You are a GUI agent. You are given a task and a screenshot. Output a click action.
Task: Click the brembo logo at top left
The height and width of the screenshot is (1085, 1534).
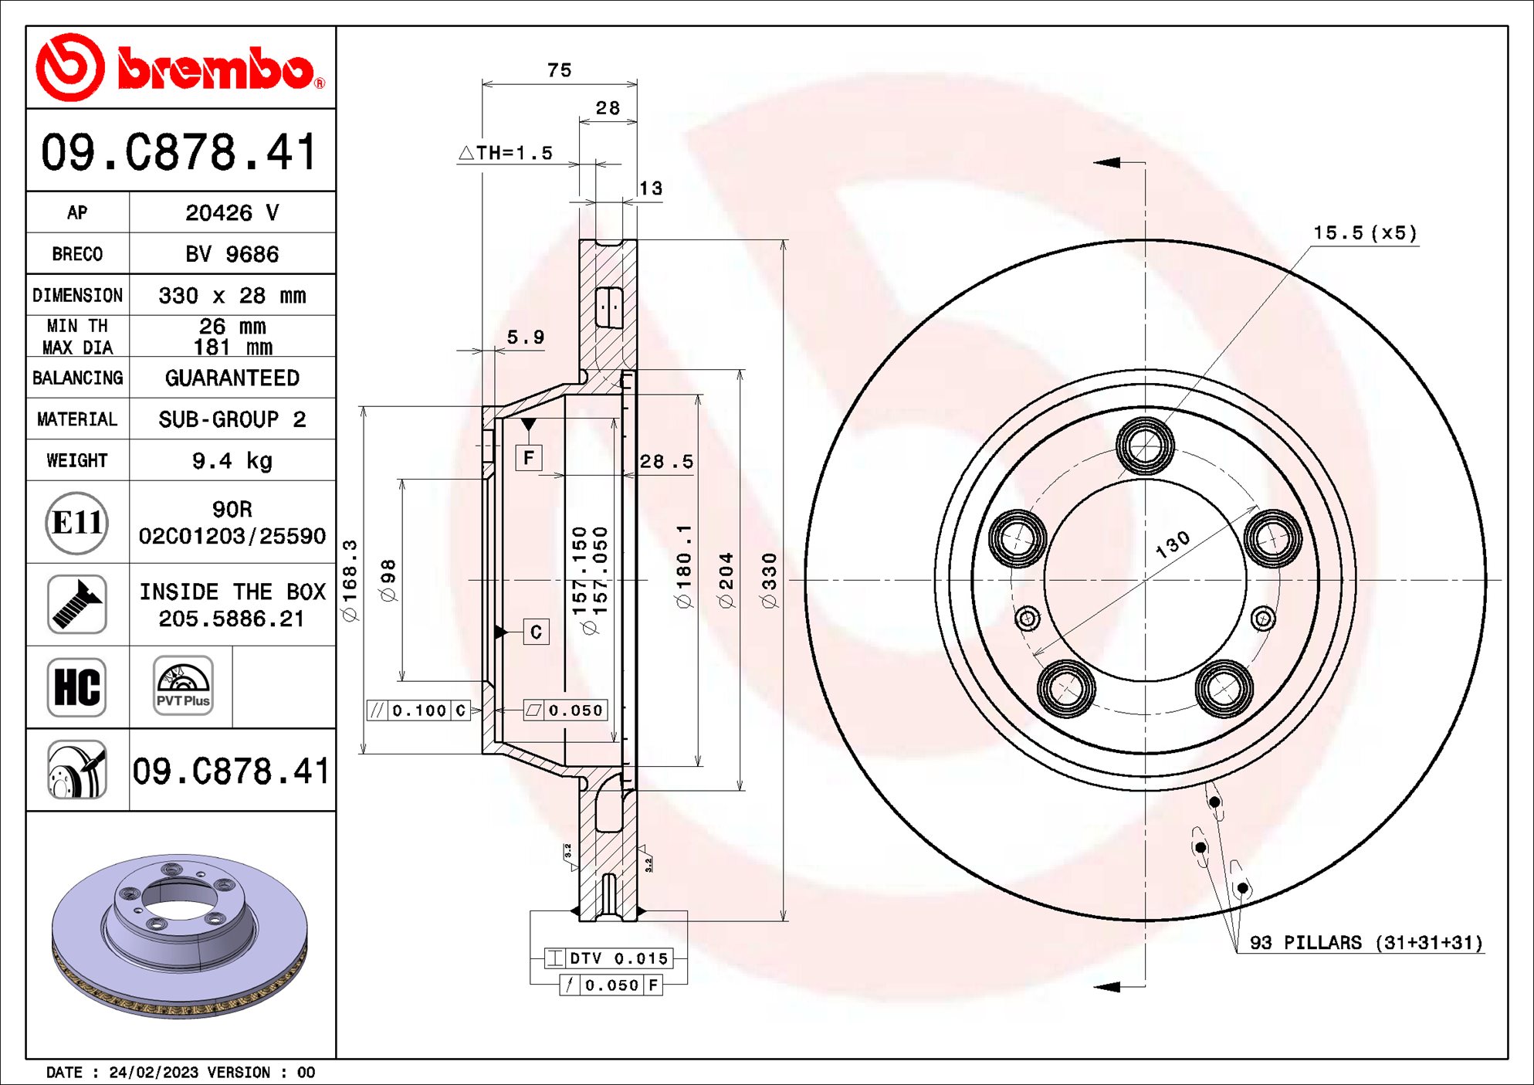[181, 68]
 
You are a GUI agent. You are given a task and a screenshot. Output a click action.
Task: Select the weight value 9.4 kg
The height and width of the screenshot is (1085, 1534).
[232, 461]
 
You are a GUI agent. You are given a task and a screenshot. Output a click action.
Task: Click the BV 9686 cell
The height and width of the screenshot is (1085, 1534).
[232, 254]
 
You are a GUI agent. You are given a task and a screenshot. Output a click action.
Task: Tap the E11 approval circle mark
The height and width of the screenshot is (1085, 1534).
[76, 523]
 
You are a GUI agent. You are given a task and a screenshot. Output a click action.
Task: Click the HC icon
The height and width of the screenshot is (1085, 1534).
[76, 687]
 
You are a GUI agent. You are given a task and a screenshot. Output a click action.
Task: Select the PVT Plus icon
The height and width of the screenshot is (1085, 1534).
[183, 686]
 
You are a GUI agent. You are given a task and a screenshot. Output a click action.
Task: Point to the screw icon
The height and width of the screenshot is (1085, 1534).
[76, 605]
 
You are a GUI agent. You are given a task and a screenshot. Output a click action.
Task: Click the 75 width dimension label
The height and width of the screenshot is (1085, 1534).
[559, 70]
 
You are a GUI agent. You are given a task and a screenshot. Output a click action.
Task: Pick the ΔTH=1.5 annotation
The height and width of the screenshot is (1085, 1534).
[506, 153]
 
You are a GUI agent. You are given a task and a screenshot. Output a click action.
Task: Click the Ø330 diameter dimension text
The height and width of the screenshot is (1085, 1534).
[770, 580]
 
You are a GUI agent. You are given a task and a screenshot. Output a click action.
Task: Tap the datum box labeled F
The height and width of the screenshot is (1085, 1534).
[529, 458]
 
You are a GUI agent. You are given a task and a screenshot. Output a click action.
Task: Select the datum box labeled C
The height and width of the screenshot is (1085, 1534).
[536, 632]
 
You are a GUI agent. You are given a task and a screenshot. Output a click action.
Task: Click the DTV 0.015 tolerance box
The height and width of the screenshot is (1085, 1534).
[608, 958]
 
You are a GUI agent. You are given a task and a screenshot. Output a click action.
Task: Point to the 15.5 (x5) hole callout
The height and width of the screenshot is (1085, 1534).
[1364, 233]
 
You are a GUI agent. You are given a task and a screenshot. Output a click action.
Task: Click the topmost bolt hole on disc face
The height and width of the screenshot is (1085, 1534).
[1145, 446]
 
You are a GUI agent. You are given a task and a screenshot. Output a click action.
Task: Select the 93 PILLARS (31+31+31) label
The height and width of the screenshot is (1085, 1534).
[1366, 943]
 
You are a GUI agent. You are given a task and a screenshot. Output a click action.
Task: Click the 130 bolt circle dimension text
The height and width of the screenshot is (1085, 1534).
[1172, 544]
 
